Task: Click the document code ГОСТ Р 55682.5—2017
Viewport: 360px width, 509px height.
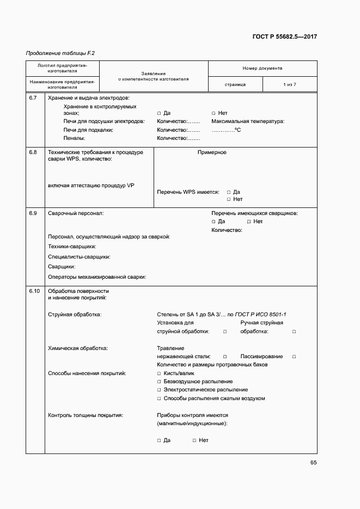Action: pos(285,37)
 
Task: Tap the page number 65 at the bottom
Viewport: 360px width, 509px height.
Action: pos(313,463)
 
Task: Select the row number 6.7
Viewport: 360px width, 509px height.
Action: pos(33,98)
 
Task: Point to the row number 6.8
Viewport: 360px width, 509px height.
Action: pos(33,152)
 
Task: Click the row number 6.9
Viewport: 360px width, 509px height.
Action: pos(33,213)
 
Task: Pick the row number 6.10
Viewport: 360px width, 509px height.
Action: pos(34,291)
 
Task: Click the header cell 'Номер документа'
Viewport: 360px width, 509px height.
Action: pos(263,69)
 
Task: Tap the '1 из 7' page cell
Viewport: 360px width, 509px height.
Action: pos(289,85)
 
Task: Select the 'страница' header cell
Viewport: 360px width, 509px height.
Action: pos(235,85)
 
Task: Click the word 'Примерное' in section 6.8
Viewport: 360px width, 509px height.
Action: pos(212,152)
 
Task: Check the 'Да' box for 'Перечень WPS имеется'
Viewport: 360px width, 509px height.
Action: pos(229,192)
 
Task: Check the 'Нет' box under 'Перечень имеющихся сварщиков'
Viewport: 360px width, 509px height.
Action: pos(248,222)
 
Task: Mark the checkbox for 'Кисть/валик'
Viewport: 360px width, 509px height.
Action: pos(159,373)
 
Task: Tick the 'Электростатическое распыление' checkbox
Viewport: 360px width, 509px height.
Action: pos(159,390)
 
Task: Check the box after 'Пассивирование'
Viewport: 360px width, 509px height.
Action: pos(294,357)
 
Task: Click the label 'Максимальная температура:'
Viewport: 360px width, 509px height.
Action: pos(248,121)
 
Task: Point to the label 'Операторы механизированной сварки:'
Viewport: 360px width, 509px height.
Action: pos(97,277)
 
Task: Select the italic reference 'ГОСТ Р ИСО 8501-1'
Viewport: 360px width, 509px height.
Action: pos(261,315)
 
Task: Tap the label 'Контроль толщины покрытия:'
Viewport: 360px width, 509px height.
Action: pos(86,415)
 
